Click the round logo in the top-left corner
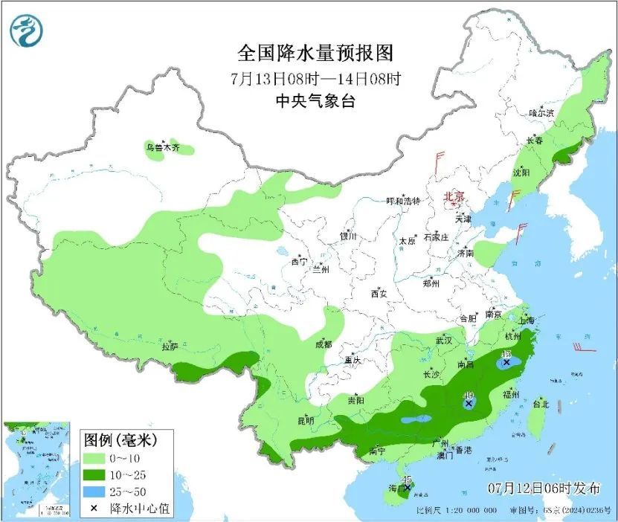click(x=27, y=30)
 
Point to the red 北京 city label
click(x=454, y=197)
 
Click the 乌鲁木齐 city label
click(x=163, y=148)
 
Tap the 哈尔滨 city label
click(x=541, y=113)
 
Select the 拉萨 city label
click(x=170, y=346)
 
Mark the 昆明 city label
click(x=306, y=420)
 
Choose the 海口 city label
click(x=397, y=489)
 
